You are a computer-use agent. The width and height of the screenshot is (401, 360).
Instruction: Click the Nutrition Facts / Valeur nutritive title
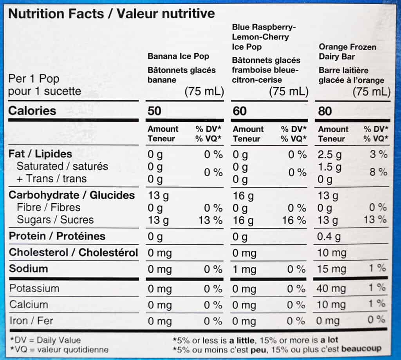(112, 14)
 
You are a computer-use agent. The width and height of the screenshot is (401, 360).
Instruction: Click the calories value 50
(154, 111)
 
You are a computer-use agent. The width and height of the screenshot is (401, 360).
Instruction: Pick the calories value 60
(240, 111)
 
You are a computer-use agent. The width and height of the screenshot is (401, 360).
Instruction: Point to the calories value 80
(325, 111)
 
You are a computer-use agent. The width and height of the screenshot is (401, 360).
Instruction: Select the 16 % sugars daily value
(294, 220)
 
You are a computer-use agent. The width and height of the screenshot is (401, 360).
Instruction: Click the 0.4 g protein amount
(330, 237)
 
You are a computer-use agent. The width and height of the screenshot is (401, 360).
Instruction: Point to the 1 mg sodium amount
(245, 269)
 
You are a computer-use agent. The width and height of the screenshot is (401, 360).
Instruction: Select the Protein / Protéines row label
(57, 236)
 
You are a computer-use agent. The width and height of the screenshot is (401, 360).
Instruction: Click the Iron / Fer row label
(31, 321)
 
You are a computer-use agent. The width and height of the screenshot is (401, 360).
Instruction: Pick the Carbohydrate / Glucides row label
(72, 195)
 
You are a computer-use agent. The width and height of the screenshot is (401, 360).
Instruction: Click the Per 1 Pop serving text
(34, 79)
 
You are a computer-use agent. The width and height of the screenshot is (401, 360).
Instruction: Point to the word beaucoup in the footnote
(361, 349)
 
